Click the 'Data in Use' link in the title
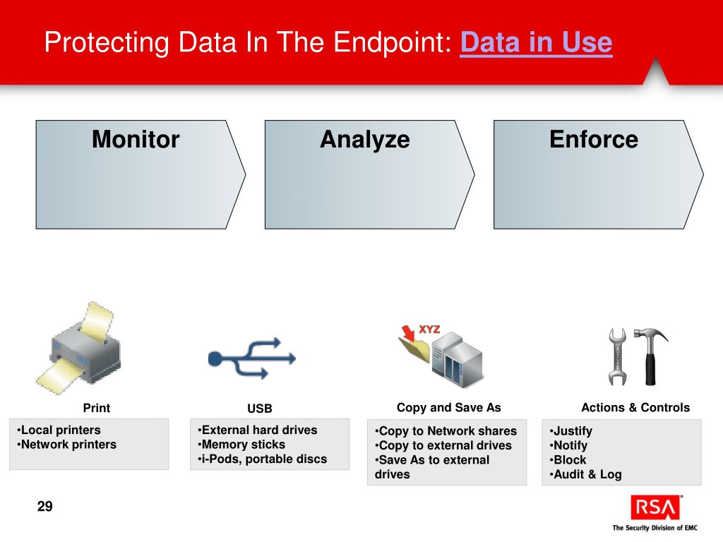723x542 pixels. [535, 43]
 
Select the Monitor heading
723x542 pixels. [136, 139]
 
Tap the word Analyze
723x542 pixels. [364, 139]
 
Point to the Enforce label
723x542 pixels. [593, 139]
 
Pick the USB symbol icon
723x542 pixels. [251, 359]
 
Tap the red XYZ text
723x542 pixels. [430, 329]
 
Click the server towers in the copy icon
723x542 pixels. [458, 360]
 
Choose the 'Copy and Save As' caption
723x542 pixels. [448, 407]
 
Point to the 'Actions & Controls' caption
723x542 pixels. [635, 407]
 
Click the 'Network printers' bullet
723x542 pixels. [68, 445]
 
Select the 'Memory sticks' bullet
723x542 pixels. [243, 445]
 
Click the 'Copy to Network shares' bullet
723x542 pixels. [447, 431]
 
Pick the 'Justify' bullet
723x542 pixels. [572, 431]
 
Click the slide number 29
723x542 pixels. [44, 506]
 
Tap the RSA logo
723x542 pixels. [656, 507]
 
